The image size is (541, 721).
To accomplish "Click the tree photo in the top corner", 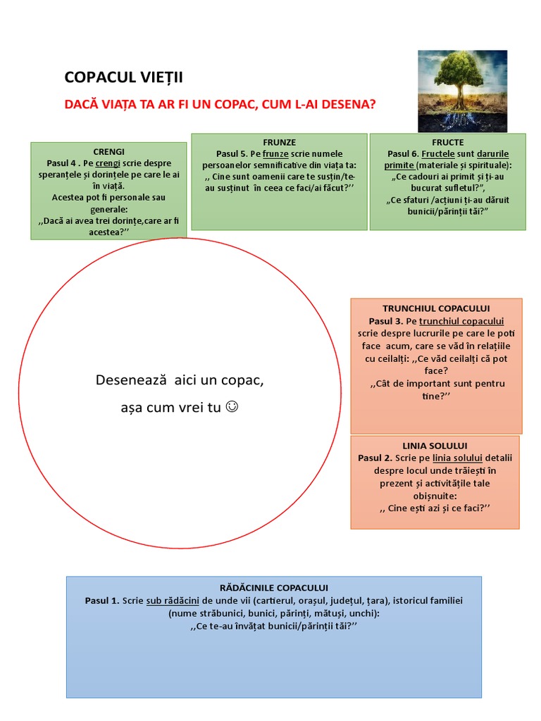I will [x=462, y=90].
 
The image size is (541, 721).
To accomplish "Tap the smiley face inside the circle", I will [x=232, y=406].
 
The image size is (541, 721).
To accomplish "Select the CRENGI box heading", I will [x=108, y=151].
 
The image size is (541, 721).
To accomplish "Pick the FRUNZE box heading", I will [x=279, y=142].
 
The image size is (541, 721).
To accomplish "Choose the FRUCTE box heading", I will [x=448, y=142].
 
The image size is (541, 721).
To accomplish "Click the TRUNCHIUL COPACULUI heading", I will [x=436, y=308].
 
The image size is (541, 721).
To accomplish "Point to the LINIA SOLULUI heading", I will [x=435, y=446].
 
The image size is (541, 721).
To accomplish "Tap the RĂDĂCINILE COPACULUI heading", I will [x=273, y=587].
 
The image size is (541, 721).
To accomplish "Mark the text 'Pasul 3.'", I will [x=385, y=321].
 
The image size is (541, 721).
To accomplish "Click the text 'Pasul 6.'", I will [x=404, y=153].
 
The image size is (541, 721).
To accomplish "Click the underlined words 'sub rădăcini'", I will [x=173, y=601].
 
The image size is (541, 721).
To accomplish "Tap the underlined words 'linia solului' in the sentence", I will [x=447, y=458].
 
